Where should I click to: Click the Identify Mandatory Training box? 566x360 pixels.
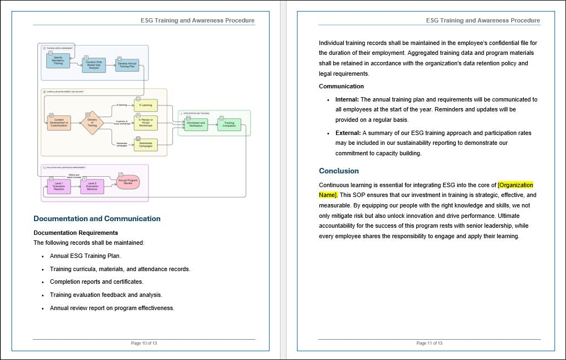point(58,60)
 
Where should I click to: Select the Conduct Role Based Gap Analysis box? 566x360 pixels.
point(93,65)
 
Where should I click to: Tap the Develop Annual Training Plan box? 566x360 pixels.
point(127,65)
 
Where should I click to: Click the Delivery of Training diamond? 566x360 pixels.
point(92,124)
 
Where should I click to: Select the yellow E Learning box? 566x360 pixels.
point(145,104)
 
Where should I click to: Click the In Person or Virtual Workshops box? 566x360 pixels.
point(145,122)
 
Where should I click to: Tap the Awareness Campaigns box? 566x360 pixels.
point(145,145)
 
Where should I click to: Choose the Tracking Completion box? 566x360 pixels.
point(229,125)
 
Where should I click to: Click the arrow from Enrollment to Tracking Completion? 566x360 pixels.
point(213,125)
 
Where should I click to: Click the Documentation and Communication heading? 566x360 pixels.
point(97,219)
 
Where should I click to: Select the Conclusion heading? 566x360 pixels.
point(339,171)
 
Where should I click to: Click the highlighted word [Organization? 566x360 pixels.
point(515,185)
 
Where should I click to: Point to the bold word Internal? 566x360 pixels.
point(347,99)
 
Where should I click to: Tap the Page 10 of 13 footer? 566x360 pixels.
point(144,343)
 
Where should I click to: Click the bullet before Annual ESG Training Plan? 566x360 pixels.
point(43,256)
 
